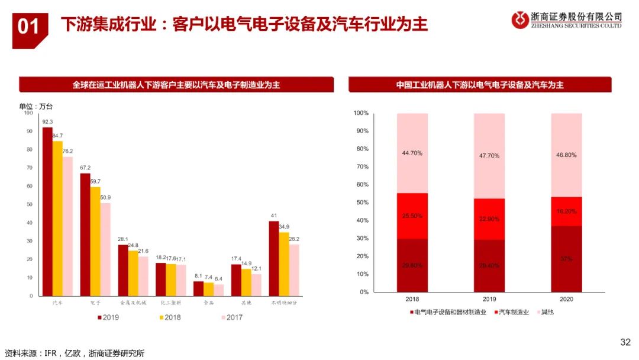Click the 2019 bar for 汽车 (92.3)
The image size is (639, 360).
point(47,211)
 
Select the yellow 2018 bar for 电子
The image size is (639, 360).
point(95,241)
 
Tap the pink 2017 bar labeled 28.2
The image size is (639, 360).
point(294,269)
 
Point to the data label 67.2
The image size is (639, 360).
point(85,168)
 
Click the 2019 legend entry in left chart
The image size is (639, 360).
point(109,317)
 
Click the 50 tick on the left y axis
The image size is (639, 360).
point(29,204)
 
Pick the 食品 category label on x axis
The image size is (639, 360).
point(208,302)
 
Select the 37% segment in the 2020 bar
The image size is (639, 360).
point(566,259)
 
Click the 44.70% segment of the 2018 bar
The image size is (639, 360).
point(412,153)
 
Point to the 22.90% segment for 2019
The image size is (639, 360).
point(489,218)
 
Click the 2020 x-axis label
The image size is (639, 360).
point(566,299)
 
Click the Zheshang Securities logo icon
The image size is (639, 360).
point(521,20)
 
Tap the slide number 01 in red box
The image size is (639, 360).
point(28,27)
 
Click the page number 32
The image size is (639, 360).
point(625,342)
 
